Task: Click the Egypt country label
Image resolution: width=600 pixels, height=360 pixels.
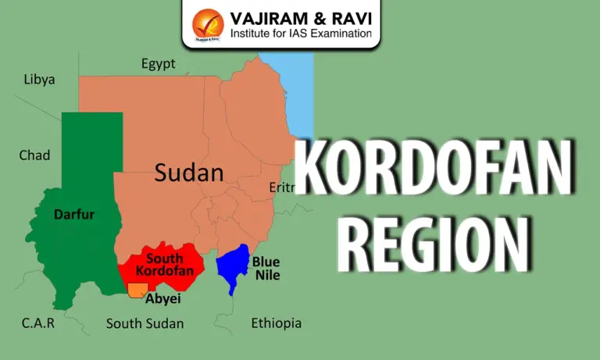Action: [x=158, y=64]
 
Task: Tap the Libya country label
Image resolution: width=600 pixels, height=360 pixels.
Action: [x=39, y=79]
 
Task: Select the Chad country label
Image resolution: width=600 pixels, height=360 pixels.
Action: [x=34, y=155]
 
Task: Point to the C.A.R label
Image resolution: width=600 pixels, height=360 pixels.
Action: [x=37, y=323]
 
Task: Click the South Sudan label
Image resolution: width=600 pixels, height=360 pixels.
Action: [x=145, y=323]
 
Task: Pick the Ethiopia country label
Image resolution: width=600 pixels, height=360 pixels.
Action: [x=276, y=323]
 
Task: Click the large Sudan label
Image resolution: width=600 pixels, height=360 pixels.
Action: [x=189, y=173]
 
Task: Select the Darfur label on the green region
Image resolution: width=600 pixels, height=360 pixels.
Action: [x=74, y=213]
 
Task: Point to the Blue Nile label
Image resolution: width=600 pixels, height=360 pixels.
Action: [x=266, y=268]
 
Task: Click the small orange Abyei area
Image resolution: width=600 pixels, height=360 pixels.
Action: [x=137, y=290]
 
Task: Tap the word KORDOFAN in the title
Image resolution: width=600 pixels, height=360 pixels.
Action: [x=436, y=169]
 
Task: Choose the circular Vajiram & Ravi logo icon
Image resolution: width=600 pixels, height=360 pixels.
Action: [x=207, y=23]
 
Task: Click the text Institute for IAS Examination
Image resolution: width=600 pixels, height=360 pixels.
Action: [x=301, y=34]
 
